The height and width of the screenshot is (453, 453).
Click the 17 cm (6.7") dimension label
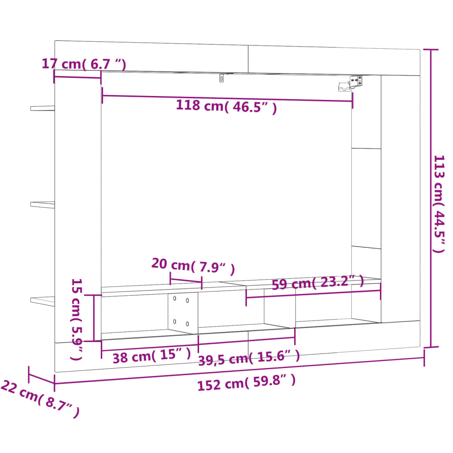pos(84,64)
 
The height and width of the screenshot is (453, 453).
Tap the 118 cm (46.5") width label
pos(226,107)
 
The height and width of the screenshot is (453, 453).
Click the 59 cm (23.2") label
pos(317,282)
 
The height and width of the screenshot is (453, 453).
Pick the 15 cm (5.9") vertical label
pos(77,319)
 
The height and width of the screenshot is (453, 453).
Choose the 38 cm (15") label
pos(151,356)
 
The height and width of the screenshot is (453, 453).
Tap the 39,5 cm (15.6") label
pos(249,357)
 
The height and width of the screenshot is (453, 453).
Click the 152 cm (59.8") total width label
pos(246,383)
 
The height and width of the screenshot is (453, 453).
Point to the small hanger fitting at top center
pos(222,78)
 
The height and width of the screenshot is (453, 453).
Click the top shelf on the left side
pos(42,107)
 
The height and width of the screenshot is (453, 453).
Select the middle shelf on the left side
pos(42,204)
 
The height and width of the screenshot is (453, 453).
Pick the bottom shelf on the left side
pos(42,301)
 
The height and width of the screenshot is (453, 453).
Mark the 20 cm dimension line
pos(186,281)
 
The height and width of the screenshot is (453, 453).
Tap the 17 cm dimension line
pos(77,77)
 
